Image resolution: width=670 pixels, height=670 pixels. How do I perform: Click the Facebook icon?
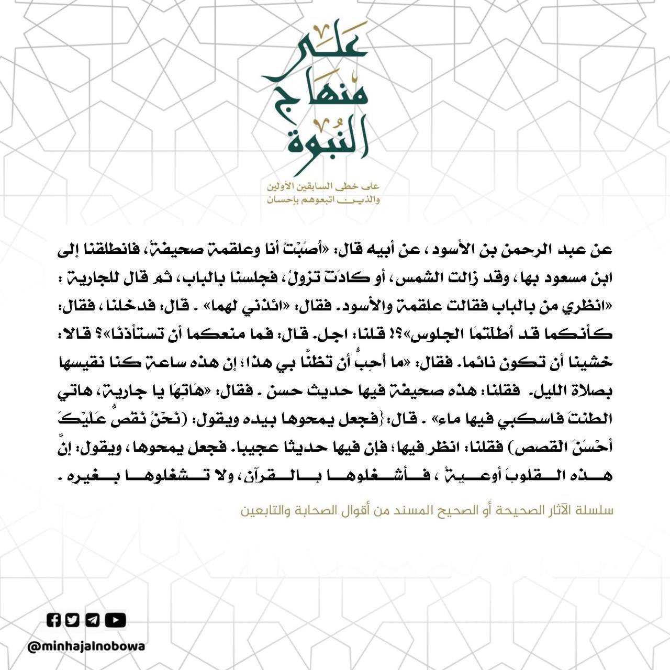click(x=54, y=620)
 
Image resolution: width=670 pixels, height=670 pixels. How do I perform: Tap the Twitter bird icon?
click(x=73, y=620)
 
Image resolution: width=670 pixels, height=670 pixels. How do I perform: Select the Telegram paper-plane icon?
click(x=93, y=620)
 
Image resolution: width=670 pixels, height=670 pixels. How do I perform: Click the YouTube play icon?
click(x=115, y=620)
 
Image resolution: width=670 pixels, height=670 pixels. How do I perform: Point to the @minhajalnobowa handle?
click(x=86, y=646)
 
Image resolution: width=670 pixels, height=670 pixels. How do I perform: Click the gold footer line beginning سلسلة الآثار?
click(x=427, y=511)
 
